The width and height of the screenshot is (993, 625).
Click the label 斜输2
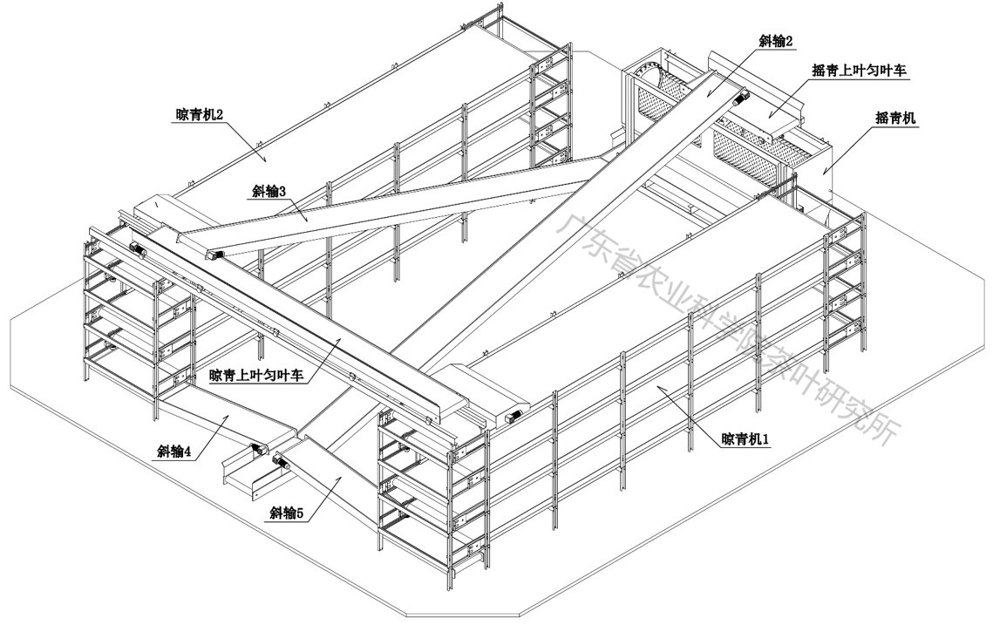(x=776, y=40)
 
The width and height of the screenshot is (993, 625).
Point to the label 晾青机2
(x=200, y=113)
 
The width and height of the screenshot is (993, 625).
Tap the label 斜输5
(x=287, y=513)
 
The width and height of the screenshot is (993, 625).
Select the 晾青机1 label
(x=745, y=438)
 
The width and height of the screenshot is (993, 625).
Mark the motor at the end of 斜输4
(x=258, y=449)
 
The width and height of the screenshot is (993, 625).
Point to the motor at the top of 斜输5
(x=282, y=461)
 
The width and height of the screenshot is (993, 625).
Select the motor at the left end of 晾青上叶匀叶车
(x=137, y=248)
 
